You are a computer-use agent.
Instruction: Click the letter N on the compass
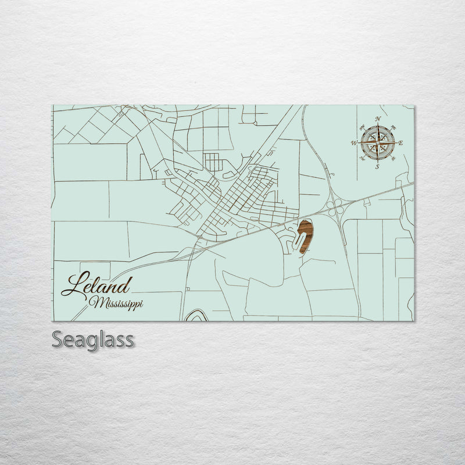click(x=378, y=119)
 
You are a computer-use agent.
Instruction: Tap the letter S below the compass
click(x=377, y=167)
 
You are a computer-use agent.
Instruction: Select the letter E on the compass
click(x=402, y=143)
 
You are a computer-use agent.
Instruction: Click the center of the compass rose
click(x=378, y=143)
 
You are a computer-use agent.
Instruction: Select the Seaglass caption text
click(x=92, y=339)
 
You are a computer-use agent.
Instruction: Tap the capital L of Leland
click(x=73, y=285)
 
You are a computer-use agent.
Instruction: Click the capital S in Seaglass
click(x=58, y=338)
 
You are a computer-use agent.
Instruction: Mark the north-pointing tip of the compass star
click(x=378, y=126)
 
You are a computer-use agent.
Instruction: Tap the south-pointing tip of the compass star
click(x=378, y=160)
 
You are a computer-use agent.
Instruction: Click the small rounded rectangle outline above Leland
click(x=95, y=266)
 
